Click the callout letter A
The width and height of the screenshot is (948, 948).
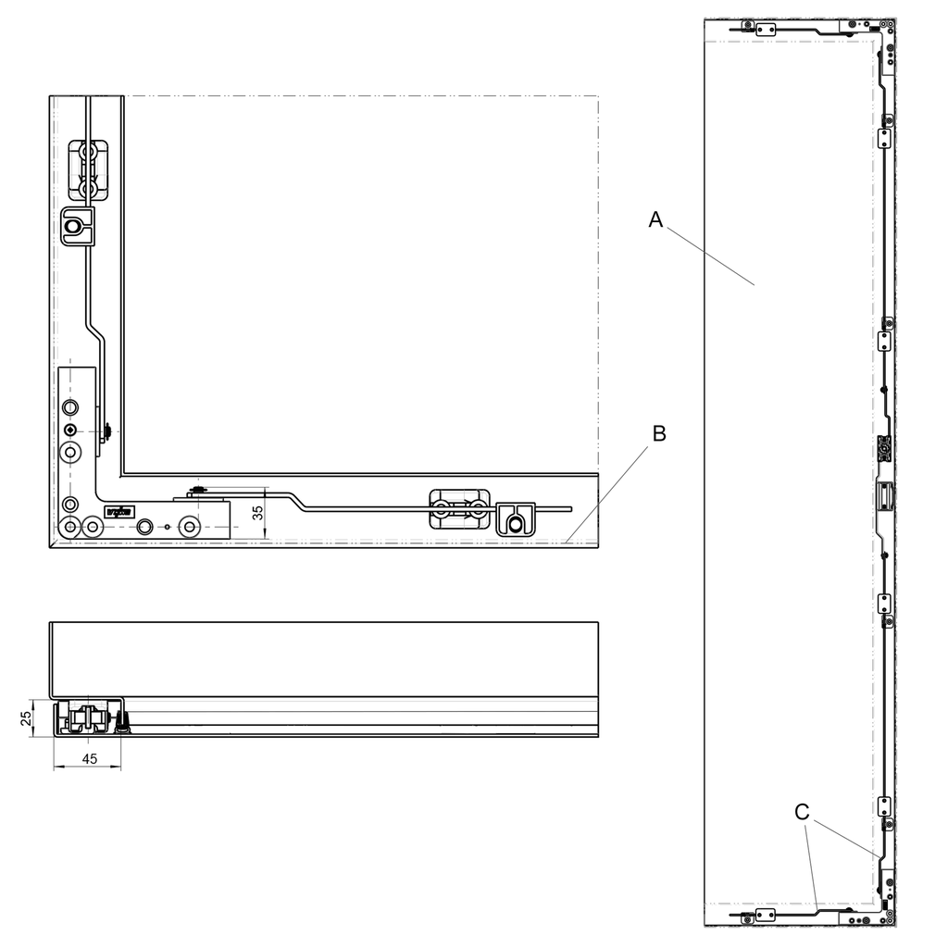click(656, 219)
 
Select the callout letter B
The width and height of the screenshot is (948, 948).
click(659, 433)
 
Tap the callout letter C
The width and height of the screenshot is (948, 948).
click(802, 812)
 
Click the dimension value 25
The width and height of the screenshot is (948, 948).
click(27, 717)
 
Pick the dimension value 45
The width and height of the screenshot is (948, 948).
click(89, 758)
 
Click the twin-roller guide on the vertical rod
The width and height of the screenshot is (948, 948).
click(89, 169)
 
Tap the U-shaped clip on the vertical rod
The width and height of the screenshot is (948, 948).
click(77, 226)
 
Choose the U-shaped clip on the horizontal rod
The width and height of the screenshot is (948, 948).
click(517, 518)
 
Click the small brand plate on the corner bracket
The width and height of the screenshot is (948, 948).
click(120, 510)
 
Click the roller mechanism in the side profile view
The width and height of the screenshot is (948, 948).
click(91, 718)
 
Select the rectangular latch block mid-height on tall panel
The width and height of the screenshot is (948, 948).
click(884, 496)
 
